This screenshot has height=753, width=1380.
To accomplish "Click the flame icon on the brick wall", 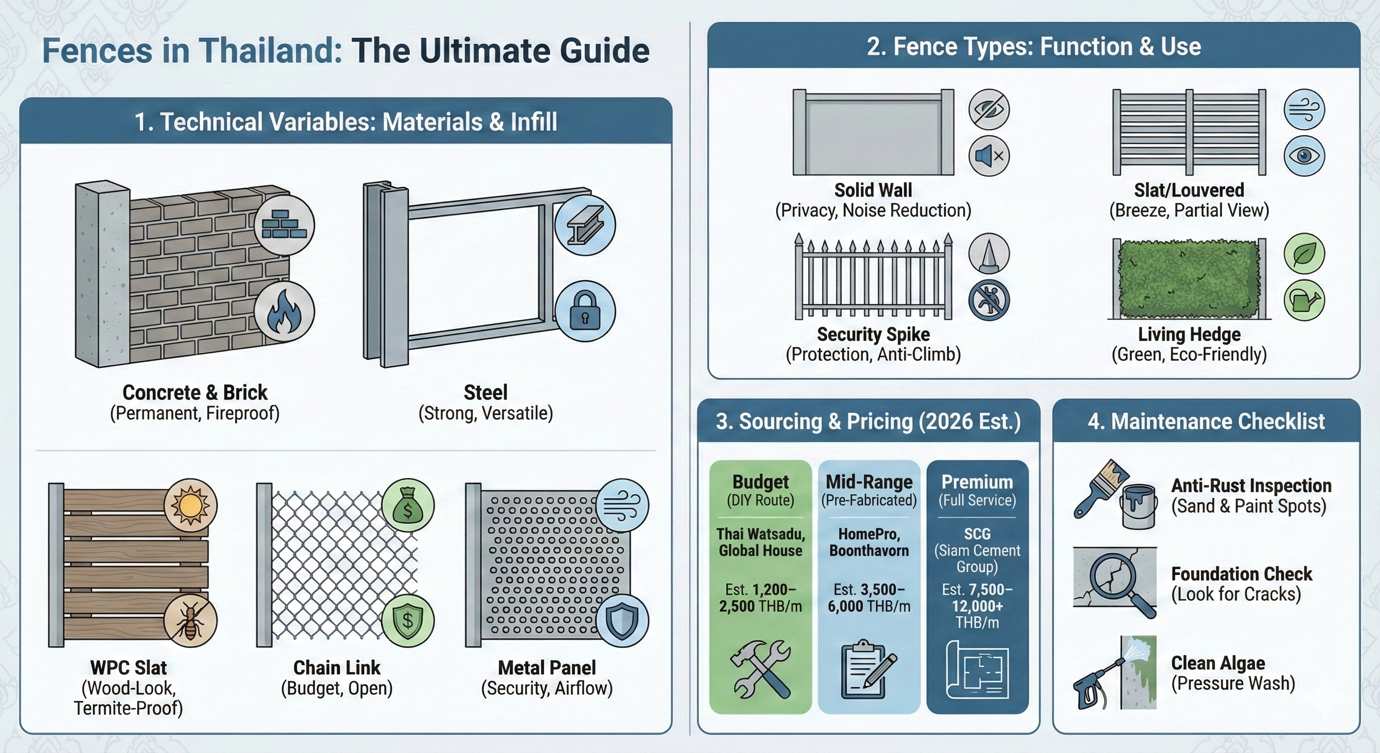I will [x=284, y=311].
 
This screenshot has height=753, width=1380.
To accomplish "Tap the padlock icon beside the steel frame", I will [x=585, y=311].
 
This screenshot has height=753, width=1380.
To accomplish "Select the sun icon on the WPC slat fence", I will [x=190, y=505].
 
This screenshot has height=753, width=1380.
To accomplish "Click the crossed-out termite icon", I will [x=190, y=622].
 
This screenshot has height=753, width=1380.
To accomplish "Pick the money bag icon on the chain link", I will [x=408, y=505].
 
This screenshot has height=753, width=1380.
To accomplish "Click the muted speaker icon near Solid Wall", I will [x=989, y=156].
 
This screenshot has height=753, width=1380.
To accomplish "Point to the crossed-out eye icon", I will [x=989, y=109].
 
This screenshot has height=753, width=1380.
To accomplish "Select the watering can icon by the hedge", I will [x=1305, y=300].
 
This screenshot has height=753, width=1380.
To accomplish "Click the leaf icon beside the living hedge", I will [x=1305, y=254].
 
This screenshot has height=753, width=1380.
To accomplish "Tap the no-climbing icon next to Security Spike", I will [x=989, y=300].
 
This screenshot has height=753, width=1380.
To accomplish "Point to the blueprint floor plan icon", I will [x=977, y=671].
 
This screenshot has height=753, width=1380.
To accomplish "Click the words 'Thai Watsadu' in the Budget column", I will [x=760, y=534].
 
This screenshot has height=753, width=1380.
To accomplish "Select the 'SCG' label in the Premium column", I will [x=977, y=534].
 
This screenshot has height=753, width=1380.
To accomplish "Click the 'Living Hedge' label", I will [x=1189, y=334].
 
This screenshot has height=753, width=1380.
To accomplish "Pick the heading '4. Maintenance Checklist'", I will [x=1206, y=421].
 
